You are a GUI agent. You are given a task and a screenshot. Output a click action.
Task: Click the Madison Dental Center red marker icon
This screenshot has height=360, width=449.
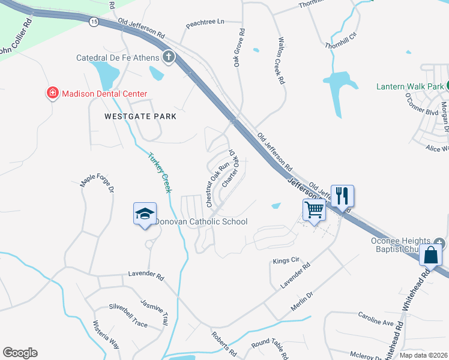[x=53, y=94]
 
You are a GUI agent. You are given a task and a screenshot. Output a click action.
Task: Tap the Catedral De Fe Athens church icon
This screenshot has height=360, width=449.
[x=169, y=58]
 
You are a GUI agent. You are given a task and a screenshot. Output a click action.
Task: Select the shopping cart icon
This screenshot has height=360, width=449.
[x=314, y=210]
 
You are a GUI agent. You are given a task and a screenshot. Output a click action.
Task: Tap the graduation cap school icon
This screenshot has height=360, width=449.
[x=145, y=214]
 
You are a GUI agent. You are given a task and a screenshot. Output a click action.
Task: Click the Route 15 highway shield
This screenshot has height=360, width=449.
[x=93, y=21]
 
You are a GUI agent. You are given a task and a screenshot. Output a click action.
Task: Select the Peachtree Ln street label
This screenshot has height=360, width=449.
[x=205, y=22]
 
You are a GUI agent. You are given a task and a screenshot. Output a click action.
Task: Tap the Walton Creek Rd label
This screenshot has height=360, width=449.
[x=281, y=61]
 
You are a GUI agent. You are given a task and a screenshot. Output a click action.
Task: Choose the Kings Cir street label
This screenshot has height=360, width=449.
[x=286, y=261]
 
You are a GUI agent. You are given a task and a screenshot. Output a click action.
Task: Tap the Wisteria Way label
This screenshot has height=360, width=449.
[x=106, y=337]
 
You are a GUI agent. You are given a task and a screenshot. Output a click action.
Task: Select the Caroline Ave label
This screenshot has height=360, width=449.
[x=376, y=319]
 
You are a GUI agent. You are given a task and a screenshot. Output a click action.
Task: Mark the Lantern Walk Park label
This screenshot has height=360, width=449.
[x=410, y=86]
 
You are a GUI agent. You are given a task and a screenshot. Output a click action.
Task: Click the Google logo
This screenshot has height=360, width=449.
[x=20, y=353]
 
